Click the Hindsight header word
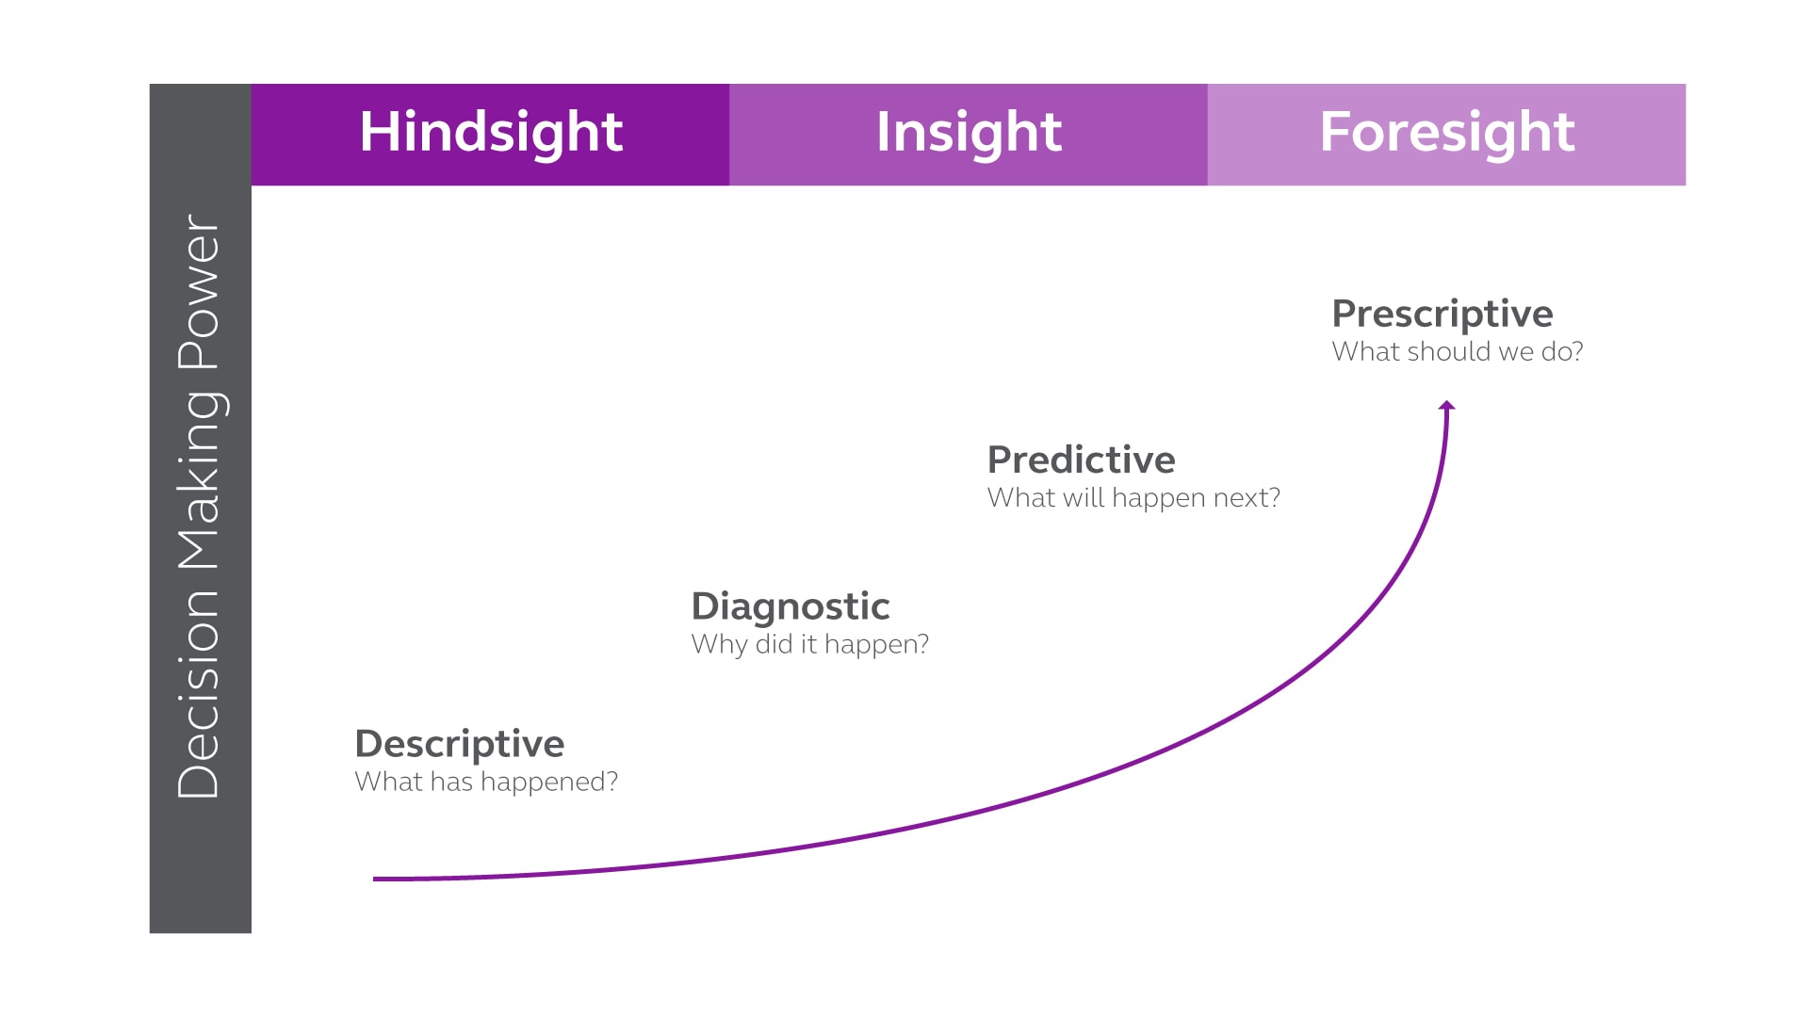[x=491, y=132]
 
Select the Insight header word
[x=969, y=132]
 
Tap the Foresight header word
[x=1446, y=132]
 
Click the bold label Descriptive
[x=459, y=744]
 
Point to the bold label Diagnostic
[x=790, y=606]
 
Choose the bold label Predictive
[x=1081, y=460]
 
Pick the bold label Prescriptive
[x=1442, y=314]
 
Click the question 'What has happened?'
[x=486, y=782]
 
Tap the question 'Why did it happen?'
[x=809, y=644]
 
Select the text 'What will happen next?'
[x=1133, y=497]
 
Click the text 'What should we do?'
[x=1457, y=351]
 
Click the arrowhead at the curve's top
[x=1447, y=406]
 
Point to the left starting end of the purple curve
[x=376, y=879]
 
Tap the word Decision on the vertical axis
[x=200, y=694]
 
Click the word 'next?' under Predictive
[x=1247, y=497]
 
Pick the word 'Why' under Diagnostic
[x=718, y=645]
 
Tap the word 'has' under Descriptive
[x=451, y=782]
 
